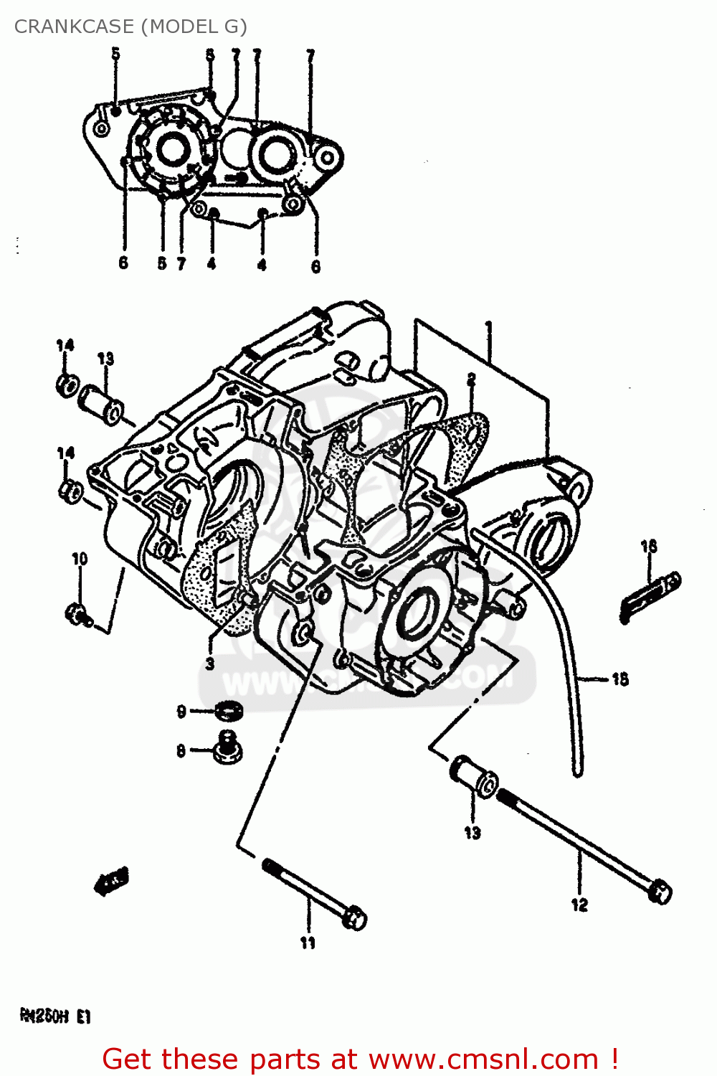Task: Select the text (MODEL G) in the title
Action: pos(194,27)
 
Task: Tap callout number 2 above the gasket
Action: pos(471,379)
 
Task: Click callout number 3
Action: pos(209,664)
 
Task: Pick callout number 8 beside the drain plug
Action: pos(181,751)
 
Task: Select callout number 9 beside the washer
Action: pos(181,711)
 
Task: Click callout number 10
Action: pos(80,558)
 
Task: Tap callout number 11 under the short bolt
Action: pos(308,943)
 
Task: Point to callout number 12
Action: pos(579,905)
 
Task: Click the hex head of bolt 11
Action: pos(354,918)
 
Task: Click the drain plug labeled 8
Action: pos(227,749)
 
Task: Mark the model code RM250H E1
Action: pos(54,1016)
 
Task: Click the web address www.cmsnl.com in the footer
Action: pos(485,1060)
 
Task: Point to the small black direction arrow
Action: pos(111,882)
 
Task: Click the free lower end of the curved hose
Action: pos(577,771)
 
